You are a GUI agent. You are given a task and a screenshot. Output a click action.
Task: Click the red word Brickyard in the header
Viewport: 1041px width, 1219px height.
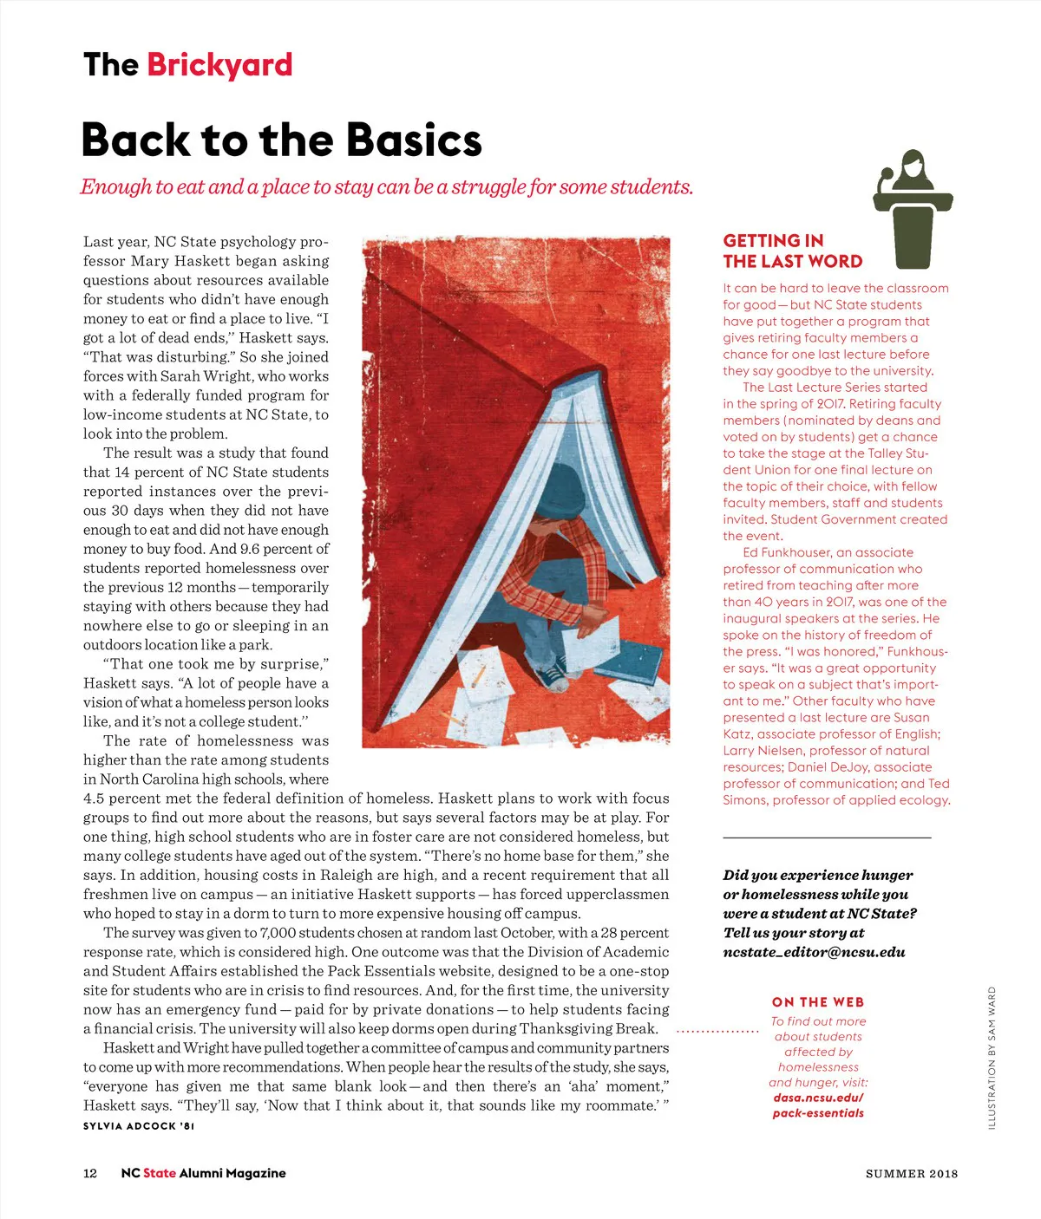[x=219, y=65]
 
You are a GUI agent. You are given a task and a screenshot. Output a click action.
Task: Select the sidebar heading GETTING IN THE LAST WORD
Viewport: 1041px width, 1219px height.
[x=792, y=251]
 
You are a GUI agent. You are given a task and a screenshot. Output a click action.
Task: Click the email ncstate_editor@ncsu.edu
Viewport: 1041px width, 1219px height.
[x=814, y=952]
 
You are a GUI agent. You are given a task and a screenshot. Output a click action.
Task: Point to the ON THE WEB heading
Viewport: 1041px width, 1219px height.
[x=817, y=1002]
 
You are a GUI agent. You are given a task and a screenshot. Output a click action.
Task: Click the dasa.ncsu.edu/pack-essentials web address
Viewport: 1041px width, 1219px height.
[x=818, y=1105]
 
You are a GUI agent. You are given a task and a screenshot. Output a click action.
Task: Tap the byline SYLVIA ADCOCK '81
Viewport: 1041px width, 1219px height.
[x=139, y=1126]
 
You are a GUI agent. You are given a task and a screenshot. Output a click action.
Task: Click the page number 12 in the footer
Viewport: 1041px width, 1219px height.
[x=90, y=1173]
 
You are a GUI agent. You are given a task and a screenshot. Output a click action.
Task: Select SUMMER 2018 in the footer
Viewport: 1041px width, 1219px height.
[x=912, y=1174]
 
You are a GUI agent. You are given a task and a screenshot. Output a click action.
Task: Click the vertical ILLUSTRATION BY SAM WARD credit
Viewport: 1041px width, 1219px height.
[x=992, y=1058]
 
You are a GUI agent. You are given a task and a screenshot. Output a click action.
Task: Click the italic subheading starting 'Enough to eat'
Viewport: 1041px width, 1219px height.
[x=387, y=187]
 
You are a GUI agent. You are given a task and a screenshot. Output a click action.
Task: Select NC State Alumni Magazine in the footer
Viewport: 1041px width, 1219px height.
[x=203, y=1173]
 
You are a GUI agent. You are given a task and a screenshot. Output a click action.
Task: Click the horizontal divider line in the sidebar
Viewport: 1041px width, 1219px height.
[x=827, y=838]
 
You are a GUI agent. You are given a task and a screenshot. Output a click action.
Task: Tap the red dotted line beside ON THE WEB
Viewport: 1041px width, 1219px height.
[x=717, y=1032]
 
